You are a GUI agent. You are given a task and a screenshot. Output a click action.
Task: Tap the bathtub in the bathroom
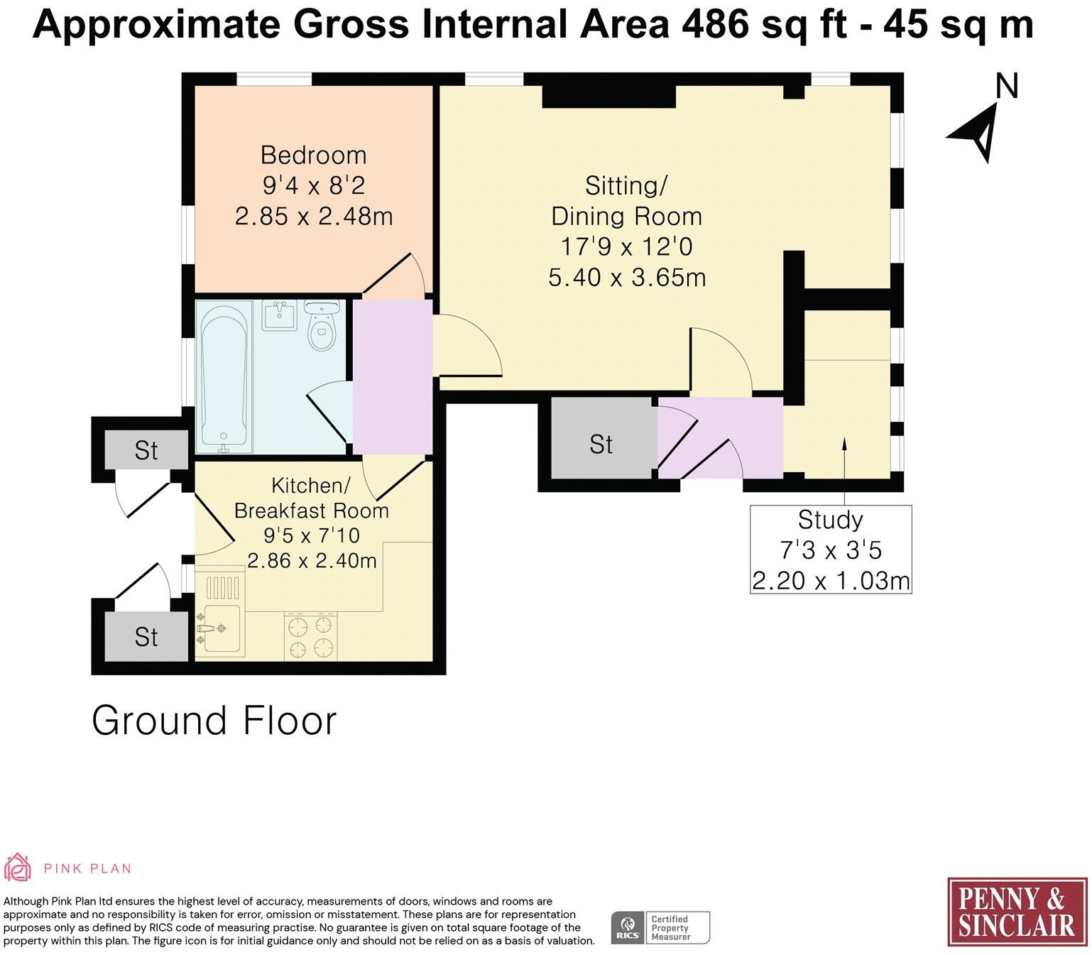224,378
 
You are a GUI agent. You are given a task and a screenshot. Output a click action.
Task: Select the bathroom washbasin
278,315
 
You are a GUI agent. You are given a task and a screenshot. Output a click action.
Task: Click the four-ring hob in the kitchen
310,635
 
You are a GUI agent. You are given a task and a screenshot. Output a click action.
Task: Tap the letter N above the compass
1007,86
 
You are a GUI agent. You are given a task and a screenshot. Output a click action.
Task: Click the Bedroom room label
313,155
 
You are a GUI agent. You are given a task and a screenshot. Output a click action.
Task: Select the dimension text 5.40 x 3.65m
627,278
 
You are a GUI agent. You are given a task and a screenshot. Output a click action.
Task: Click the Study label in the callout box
830,520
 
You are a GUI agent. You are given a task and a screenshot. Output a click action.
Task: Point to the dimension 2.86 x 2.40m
312,560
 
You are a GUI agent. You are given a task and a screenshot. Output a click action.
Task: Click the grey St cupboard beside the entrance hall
601,437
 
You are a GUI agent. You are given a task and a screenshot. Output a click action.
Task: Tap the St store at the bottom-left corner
146,635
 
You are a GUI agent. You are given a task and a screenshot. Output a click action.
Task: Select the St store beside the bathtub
146,449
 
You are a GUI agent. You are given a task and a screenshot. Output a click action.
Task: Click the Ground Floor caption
214,721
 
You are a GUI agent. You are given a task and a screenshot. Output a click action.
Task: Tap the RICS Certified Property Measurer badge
660,928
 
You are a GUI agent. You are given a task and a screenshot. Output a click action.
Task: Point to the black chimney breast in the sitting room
609,96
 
